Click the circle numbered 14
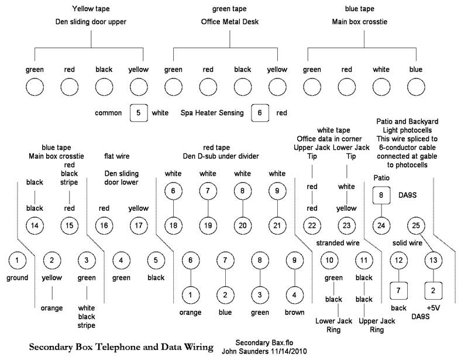(x=35, y=225)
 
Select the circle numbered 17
(x=139, y=225)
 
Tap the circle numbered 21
(x=277, y=225)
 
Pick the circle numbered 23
(x=347, y=225)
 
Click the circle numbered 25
(x=417, y=225)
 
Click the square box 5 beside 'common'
(x=139, y=112)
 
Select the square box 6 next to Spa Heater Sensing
(x=260, y=112)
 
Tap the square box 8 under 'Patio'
(x=381, y=194)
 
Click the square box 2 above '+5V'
(x=433, y=289)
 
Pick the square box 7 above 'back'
(x=398, y=289)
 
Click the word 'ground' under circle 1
(x=18, y=277)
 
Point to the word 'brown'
(x=295, y=312)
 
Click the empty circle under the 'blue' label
(x=416, y=89)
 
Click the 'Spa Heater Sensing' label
(x=212, y=112)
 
